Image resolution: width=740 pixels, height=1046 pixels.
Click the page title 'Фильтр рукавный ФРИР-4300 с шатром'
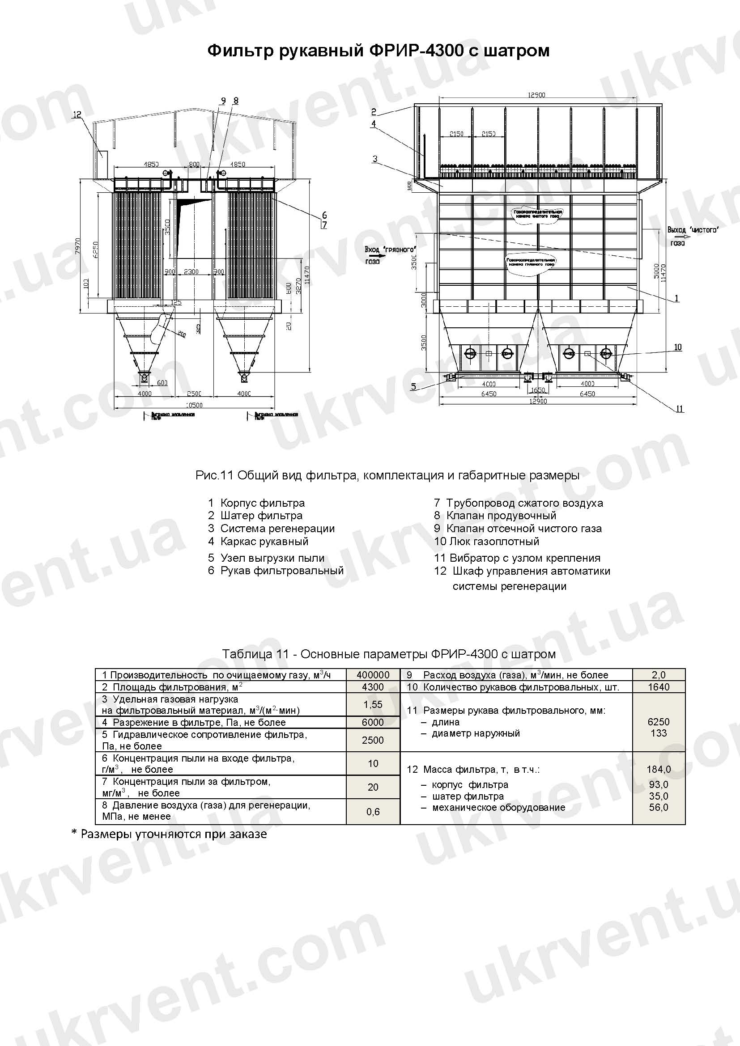378,50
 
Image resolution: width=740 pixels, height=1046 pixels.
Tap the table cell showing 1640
659,687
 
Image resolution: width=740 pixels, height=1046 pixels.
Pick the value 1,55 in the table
373,704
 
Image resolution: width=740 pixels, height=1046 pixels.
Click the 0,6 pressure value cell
373,811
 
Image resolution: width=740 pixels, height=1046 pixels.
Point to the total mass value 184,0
659,770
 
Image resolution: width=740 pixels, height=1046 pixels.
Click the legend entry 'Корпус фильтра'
262,503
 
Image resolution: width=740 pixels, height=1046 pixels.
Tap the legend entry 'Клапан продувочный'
501,515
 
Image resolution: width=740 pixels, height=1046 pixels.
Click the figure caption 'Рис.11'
215,476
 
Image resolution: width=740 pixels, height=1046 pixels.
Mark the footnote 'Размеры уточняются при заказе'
173,834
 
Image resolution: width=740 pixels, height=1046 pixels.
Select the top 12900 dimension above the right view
536,95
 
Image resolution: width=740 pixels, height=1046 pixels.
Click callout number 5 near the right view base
413,386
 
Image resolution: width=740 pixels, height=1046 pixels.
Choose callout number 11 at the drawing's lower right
680,409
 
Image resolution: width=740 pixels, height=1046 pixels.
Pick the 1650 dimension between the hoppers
538,390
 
